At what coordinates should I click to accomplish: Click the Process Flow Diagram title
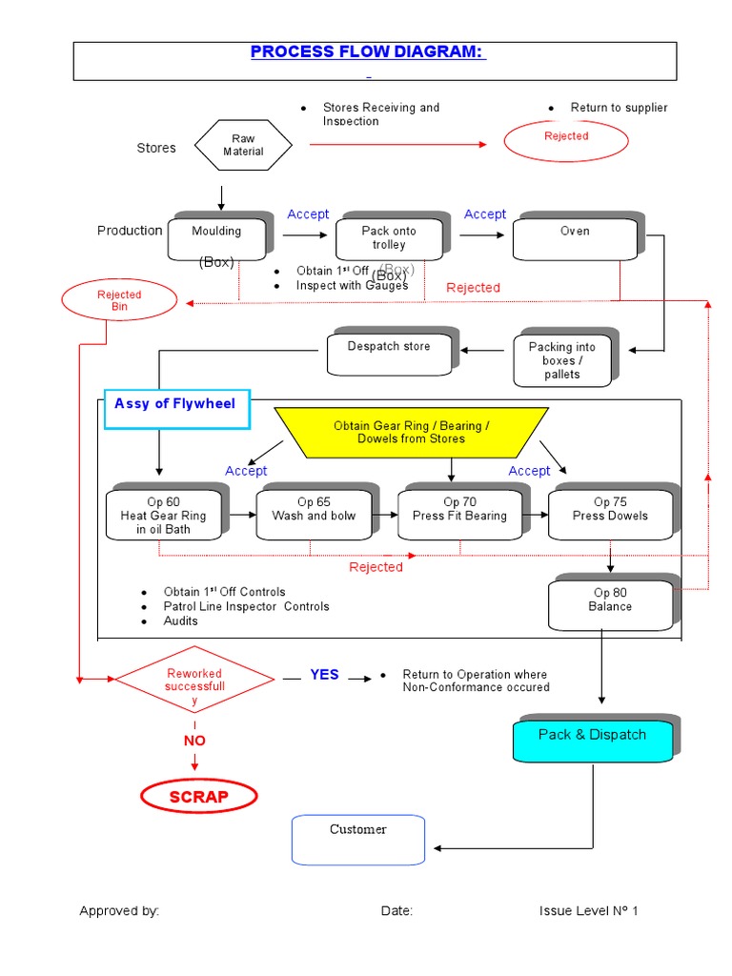(x=368, y=52)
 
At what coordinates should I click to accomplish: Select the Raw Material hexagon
(x=243, y=146)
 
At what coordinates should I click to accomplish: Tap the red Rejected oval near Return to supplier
(x=566, y=140)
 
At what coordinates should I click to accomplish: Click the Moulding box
(x=215, y=238)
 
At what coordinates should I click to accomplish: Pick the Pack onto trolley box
(x=389, y=238)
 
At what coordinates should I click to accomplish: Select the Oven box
(x=574, y=238)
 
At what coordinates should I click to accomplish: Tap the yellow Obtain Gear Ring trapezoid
(x=411, y=432)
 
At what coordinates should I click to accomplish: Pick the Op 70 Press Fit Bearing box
(x=459, y=516)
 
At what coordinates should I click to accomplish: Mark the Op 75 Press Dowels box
(x=610, y=516)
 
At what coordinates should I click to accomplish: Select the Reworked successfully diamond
(x=194, y=679)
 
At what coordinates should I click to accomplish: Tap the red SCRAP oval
(x=198, y=797)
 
